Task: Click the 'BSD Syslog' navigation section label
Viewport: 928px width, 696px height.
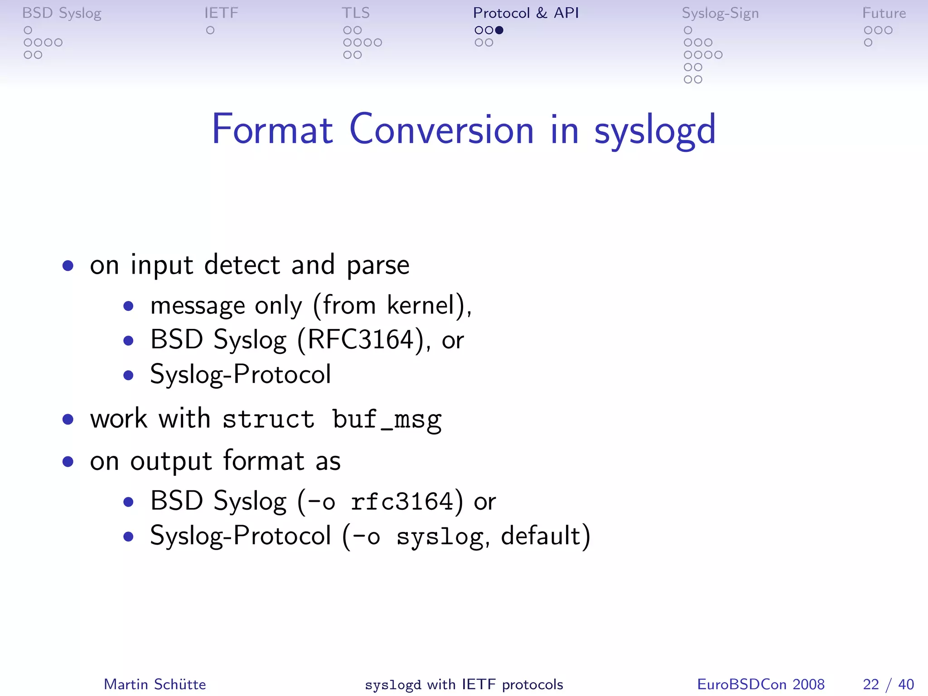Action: click(62, 13)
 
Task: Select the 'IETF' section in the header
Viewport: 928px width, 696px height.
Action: click(221, 13)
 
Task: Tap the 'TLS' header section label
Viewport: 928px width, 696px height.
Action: click(356, 13)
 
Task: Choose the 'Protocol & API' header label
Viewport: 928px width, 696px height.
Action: click(526, 13)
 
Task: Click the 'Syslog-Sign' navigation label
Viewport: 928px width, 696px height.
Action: click(720, 13)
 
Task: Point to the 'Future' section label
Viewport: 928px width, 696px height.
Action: click(884, 13)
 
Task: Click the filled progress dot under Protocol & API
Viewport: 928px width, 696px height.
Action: click(499, 30)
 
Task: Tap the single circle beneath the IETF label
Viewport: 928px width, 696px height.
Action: click(210, 30)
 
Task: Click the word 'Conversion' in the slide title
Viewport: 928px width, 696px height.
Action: click(442, 130)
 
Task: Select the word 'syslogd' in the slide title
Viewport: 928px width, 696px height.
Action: click(655, 130)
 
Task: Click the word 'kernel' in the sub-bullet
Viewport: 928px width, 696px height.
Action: click(421, 305)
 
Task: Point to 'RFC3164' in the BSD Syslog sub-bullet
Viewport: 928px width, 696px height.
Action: click(361, 339)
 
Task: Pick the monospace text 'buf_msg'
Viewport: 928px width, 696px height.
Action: click(387, 419)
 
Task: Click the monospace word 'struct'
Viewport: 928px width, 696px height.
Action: click(268, 419)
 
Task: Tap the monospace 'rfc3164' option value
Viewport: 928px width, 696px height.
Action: click(401, 502)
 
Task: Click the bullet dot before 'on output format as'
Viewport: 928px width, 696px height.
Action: click(68, 462)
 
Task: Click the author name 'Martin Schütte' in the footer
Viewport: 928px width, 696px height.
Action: click(155, 684)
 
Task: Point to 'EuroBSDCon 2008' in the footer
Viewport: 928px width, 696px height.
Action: click(761, 684)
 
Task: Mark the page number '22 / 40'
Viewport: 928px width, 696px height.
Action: click(888, 684)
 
